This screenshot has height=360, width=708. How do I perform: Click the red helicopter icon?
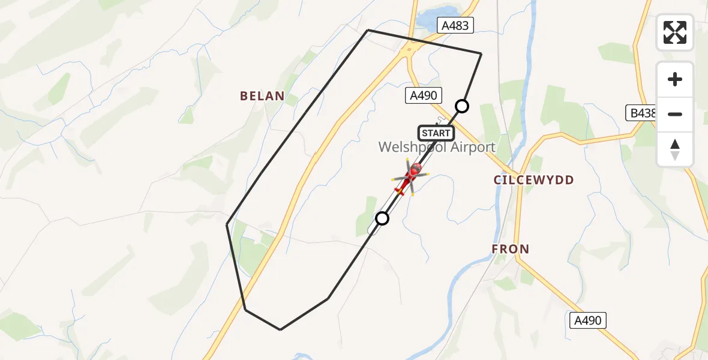pos(411,176)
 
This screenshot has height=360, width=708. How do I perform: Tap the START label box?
pos(436,133)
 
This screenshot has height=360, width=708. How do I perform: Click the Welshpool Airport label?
pos(437,147)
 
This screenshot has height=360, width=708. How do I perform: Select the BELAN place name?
pos(262,96)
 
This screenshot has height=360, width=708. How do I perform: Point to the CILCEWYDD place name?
pos(533,180)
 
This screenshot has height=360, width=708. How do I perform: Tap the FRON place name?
pos(511,249)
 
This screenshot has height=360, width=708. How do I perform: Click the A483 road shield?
pos(456,25)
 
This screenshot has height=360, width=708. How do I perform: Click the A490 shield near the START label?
pos(424,95)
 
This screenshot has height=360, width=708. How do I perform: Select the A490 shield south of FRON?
pos(588,320)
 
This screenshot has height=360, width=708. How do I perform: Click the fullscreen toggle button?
pos(675,32)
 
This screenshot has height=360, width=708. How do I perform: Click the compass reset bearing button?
pos(675,149)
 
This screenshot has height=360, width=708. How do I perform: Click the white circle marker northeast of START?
pos(462,106)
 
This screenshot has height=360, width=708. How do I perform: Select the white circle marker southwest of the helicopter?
pos(382,218)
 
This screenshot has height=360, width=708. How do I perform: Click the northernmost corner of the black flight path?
pos(368,30)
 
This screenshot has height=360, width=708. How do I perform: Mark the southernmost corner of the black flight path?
pos(280,329)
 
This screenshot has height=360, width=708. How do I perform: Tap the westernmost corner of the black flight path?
pos(227,224)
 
